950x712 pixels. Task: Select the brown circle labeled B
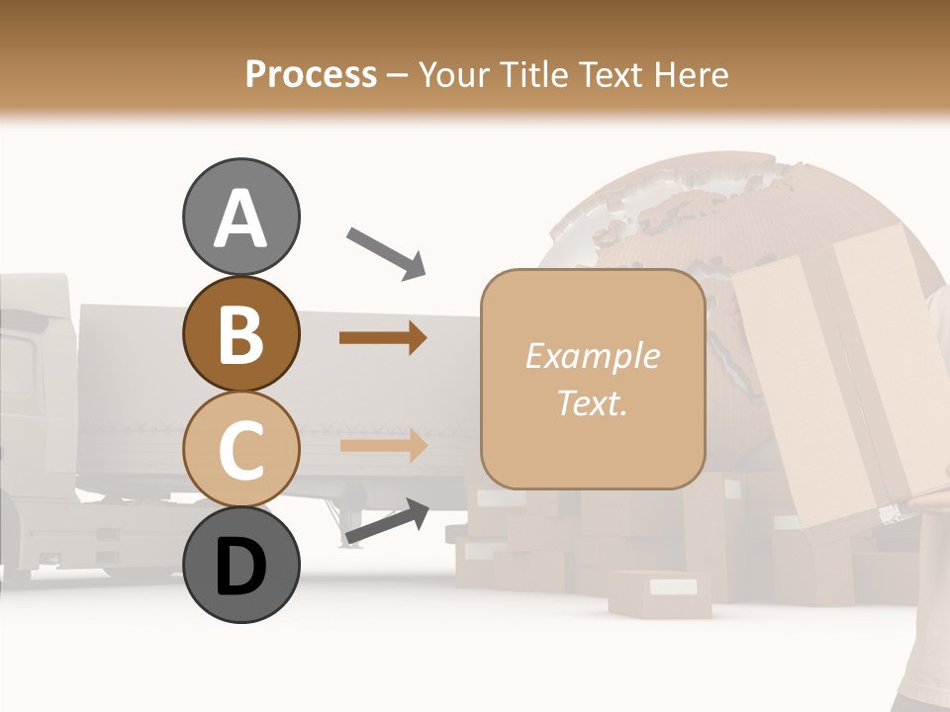pos(240,333)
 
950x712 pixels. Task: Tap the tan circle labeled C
pos(240,449)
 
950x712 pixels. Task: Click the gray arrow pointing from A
pos(385,252)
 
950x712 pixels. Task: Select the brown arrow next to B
pos(382,338)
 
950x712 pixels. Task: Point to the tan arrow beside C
pos(382,445)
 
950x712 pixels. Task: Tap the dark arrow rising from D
pos(386,522)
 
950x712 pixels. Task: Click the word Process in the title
pos(311,74)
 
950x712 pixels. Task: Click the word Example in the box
pos(592,356)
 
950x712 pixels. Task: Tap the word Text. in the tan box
pos(592,402)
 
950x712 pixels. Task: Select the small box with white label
pos(659,592)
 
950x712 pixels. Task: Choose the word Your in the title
pos(453,74)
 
